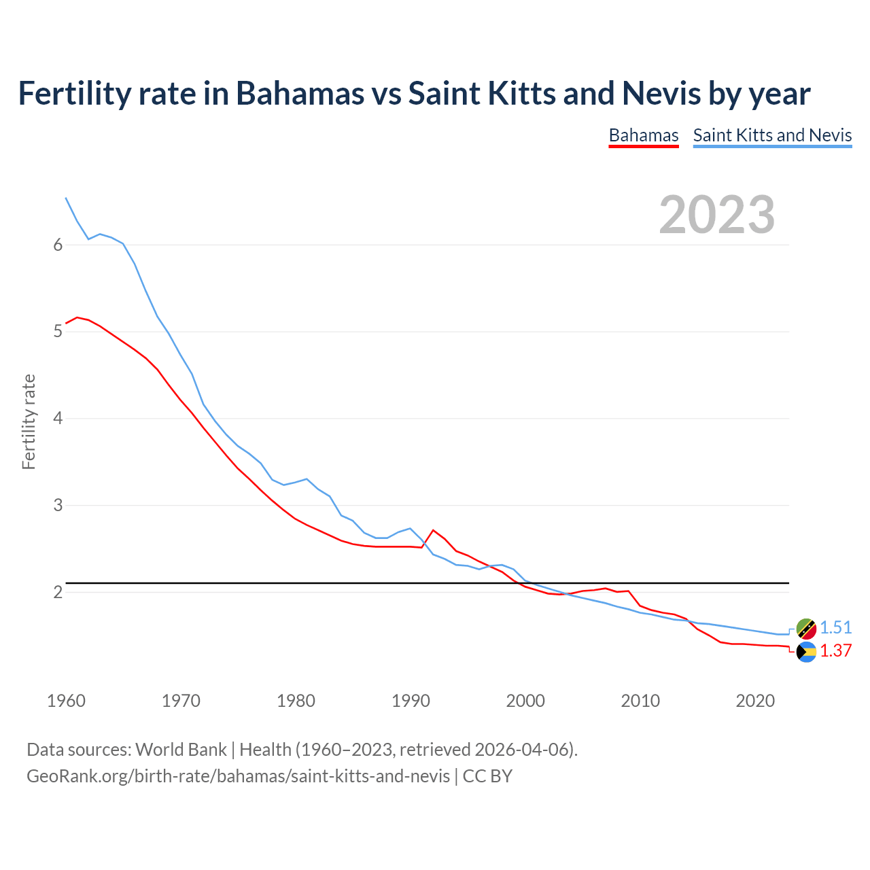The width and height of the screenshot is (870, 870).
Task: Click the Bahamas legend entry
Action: coord(643,135)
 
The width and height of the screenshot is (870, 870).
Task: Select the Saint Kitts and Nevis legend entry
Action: coord(772,135)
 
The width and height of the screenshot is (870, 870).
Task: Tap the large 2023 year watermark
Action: coord(716,215)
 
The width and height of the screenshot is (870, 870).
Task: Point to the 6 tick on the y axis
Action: coord(58,245)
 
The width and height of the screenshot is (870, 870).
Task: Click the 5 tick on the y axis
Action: coord(58,332)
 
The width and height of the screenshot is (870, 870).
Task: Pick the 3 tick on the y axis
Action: coord(58,506)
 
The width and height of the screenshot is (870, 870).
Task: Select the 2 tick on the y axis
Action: coord(58,592)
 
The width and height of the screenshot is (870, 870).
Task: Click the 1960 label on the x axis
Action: coord(66,701)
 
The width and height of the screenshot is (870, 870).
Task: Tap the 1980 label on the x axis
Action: coord(296,701)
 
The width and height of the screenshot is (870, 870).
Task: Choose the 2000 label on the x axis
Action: coord(525,701)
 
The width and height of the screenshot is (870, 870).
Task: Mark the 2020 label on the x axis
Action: coord(755,701)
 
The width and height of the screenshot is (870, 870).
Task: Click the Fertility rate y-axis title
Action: coord(29,421)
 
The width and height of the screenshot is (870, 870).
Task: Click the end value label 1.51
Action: coord(835,627)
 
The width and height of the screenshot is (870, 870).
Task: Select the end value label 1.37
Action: coord(835,650)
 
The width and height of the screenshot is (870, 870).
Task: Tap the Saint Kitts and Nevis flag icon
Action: coord(806,629)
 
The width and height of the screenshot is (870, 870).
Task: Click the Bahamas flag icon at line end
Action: coord(806,652)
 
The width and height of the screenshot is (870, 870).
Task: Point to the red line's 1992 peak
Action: coord(433,530)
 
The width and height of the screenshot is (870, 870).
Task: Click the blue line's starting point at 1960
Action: coord(66,198)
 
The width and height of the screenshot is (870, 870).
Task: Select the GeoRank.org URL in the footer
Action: coord(238,776)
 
